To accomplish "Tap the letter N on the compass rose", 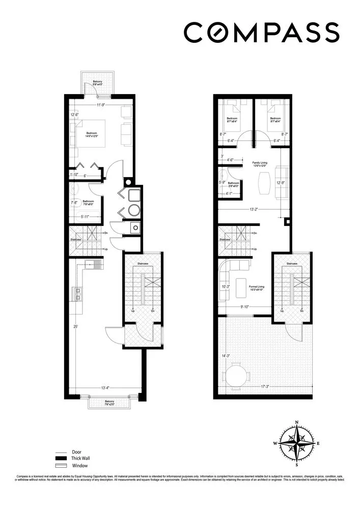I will pos(297,422).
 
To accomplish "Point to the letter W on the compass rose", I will pos(275,443).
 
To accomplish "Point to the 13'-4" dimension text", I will pos(105,388).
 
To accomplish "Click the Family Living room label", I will pos(260,164).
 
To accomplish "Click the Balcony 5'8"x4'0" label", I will pos(98,84).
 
